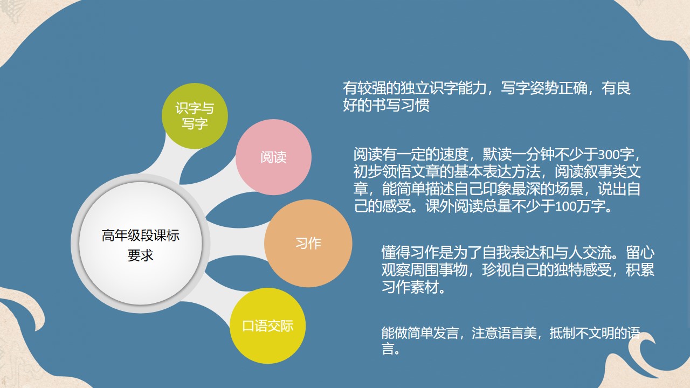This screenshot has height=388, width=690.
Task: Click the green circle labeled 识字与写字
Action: (x=195, y=116)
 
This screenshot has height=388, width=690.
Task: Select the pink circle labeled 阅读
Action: (x=273, y=157)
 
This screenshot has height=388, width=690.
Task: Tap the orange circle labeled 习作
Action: (x=308, y=243)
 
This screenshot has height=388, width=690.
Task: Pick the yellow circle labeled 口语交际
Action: (x=268, y=326)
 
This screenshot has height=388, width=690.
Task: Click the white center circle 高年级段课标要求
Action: (x=141, y=244)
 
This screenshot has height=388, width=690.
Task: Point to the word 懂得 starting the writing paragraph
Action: (x=396, y=253)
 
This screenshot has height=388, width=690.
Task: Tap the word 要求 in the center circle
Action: (x=141, y=255)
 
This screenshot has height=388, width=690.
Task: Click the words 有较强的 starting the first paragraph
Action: (x=371, y=88)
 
